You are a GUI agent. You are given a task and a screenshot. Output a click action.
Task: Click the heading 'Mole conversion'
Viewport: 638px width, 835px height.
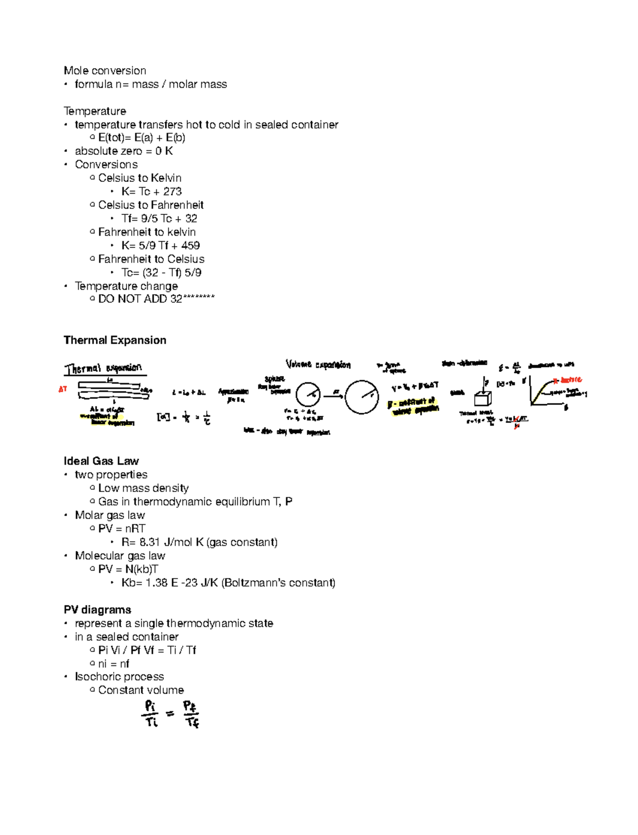105,71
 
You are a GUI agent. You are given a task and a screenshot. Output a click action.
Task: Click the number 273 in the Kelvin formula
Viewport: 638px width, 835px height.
172,191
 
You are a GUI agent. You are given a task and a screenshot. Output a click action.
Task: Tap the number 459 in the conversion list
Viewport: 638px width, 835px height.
190,246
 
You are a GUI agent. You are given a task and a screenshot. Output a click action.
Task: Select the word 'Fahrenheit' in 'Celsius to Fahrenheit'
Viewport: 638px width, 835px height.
177,205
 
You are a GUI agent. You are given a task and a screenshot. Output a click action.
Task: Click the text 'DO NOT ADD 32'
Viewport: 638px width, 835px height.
140,299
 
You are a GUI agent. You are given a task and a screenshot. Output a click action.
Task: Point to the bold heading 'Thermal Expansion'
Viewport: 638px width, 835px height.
115,340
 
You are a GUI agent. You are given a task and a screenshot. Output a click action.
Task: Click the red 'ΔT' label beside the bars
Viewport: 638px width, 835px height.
63,389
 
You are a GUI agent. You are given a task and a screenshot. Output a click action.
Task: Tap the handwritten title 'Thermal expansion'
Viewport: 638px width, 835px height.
103,368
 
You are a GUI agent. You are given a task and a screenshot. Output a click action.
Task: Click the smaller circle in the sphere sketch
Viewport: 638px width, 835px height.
308,395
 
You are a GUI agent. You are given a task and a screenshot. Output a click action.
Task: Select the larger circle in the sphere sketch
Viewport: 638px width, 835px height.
362,397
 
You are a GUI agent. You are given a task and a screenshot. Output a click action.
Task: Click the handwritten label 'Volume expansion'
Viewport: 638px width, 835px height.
318,365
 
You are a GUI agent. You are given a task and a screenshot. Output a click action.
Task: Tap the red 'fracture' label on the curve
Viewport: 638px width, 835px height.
570,380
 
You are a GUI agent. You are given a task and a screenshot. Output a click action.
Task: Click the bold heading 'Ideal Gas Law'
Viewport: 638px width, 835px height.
101,461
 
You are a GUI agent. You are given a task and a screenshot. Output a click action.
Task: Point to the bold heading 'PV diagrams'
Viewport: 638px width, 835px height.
97,610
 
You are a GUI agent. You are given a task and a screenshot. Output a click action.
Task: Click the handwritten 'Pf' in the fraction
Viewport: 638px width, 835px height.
190,706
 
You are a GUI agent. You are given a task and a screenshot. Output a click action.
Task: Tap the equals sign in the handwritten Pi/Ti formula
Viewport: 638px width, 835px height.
170,714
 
